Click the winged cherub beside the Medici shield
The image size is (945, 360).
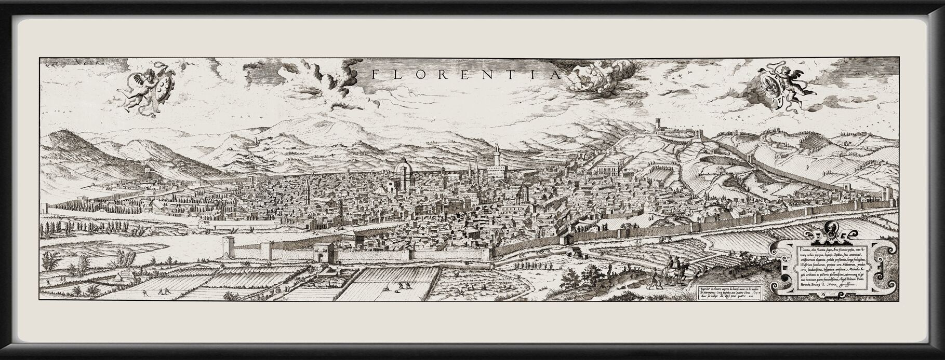click(141, 88)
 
